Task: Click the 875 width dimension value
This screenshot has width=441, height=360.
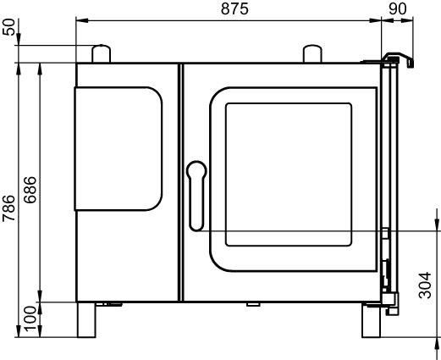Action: [x=234, y=8]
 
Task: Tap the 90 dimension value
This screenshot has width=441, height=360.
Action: [x=398, y=8]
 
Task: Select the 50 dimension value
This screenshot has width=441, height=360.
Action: [x=8, y=27]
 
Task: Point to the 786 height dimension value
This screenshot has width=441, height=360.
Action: [x=8, y=208]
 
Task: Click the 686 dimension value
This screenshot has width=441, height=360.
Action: [x=30, y=190]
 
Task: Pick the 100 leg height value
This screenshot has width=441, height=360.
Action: [x=30, y=319]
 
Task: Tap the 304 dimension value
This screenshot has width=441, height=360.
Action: [x=425, y=285]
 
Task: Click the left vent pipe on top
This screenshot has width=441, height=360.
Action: [x=102, y=53]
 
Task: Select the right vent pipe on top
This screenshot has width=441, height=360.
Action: [x=312, y=53]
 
